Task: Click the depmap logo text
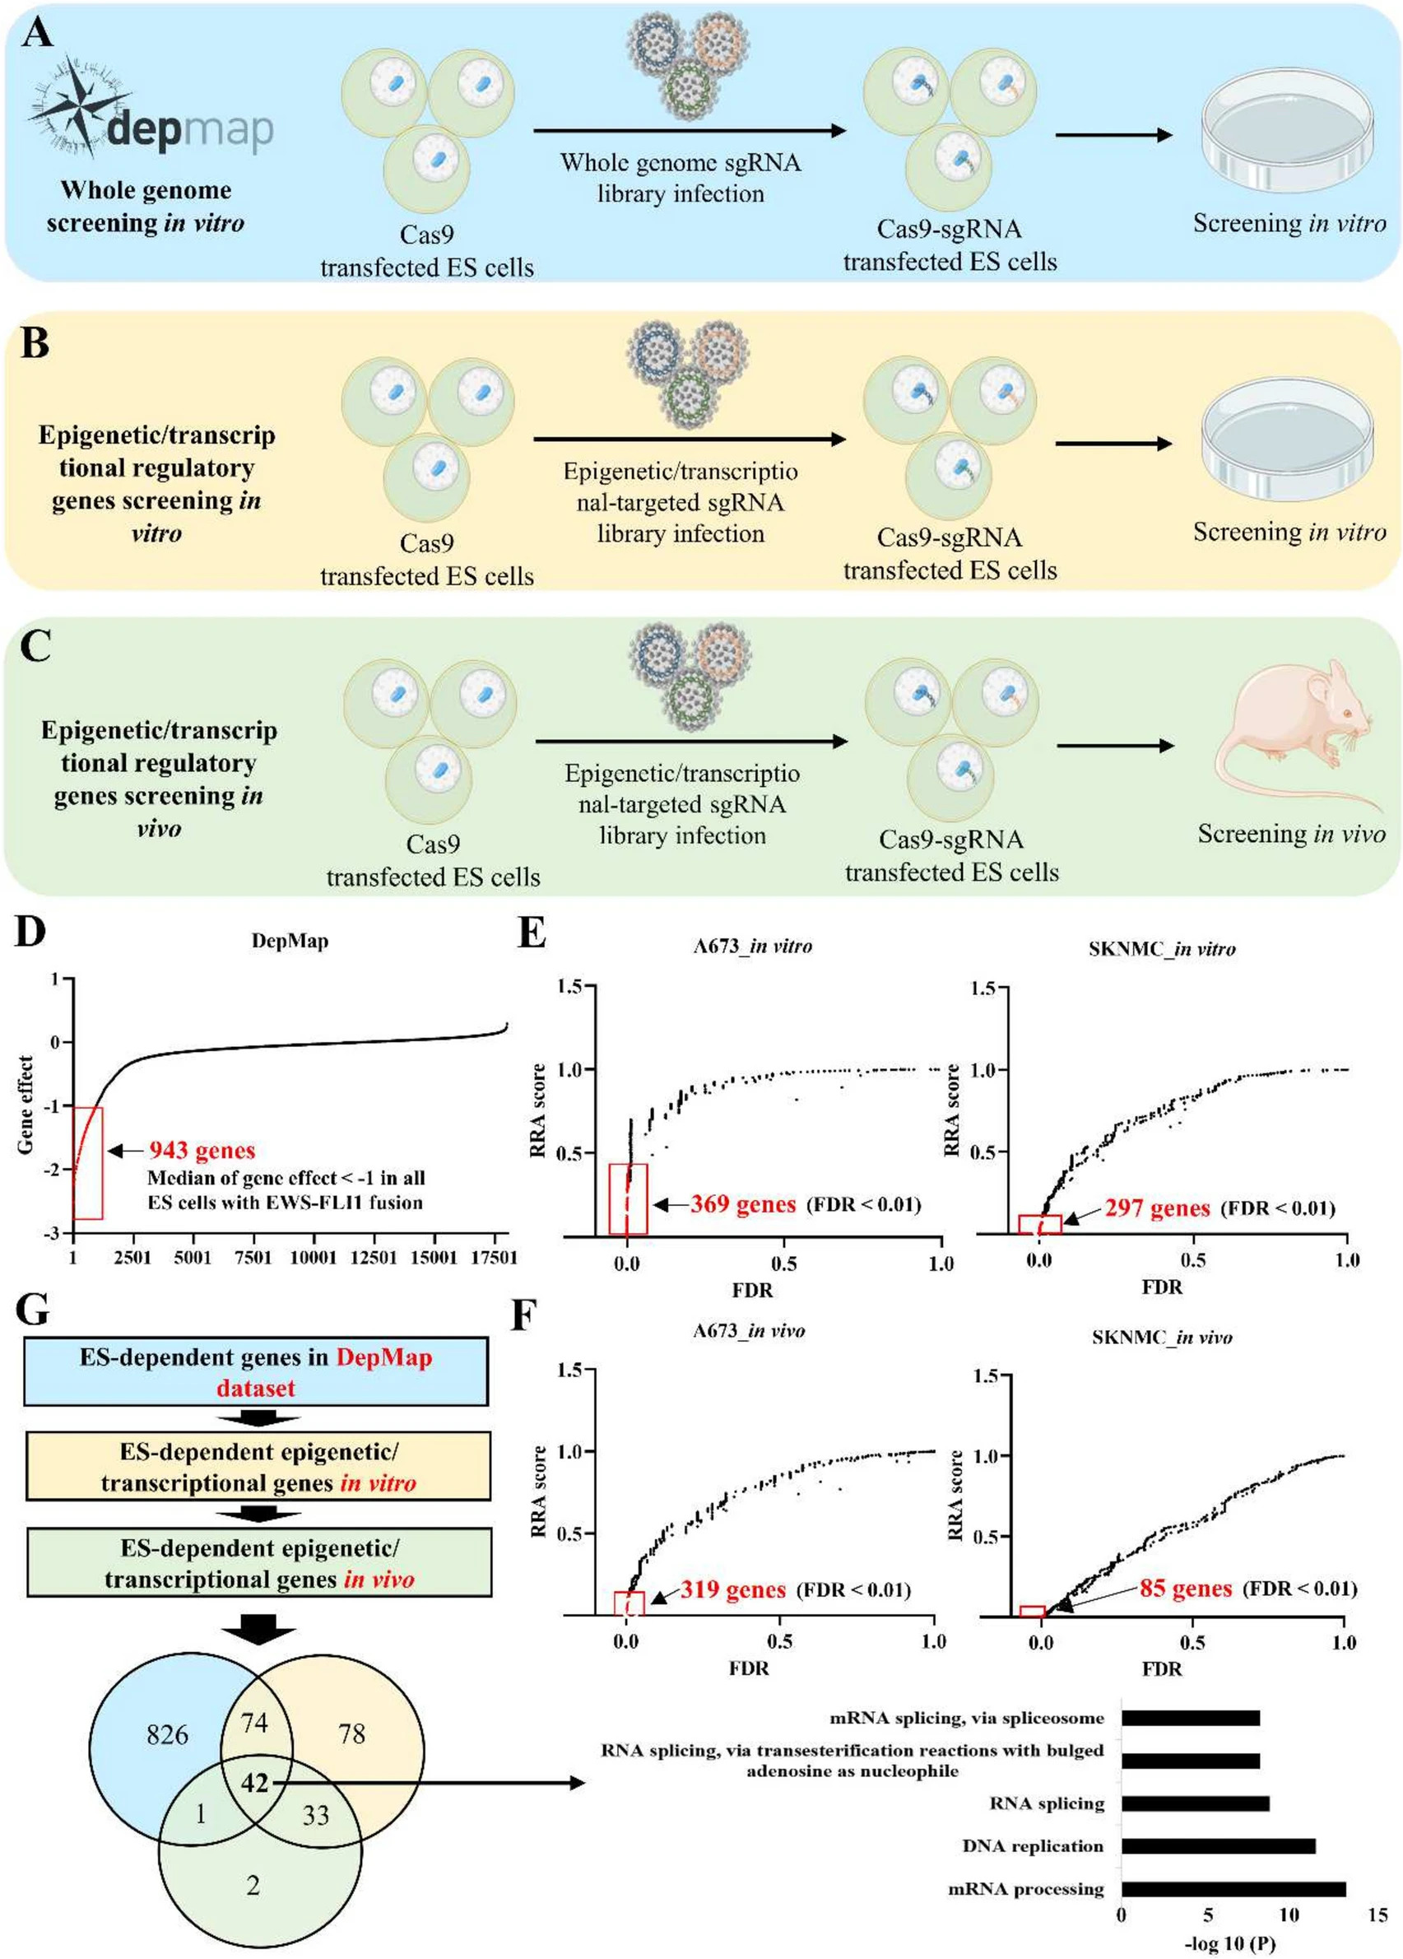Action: (x=190, y=128)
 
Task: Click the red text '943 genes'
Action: (x=202, y=1151)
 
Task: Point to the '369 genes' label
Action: (x=742, y=1204)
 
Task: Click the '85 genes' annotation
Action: (x=1185, y=1589)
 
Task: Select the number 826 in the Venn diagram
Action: (x=167, y=1733)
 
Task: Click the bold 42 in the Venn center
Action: (x=255, y=1782)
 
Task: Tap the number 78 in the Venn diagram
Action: (x=352, y=1733)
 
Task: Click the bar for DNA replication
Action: (x=1217, y=1846)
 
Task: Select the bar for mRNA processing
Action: (x=1233, y=1889)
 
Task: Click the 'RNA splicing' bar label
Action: (x=1047, y=1803)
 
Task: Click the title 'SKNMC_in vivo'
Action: (x=1161, y=1338)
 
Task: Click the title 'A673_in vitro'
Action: (x=752, y=946)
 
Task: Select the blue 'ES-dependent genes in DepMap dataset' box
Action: (x=256, y=1371)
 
